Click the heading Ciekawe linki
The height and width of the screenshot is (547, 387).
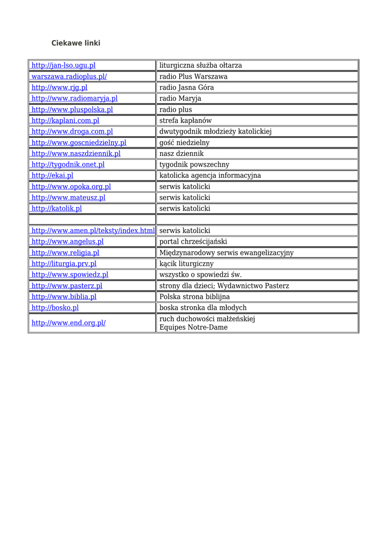click(75, 43)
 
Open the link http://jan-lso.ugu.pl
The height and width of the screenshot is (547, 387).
click(64, 65)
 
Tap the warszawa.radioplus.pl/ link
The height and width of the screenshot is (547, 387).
click(69, 76)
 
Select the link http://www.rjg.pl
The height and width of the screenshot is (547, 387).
click(59, 88)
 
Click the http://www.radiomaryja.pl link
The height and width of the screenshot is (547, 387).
click(74, 98)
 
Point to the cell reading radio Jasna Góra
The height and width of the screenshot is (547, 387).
click(186, 88)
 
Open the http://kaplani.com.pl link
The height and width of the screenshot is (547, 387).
click(65, 121)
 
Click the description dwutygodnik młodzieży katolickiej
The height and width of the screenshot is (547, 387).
click(216, 131)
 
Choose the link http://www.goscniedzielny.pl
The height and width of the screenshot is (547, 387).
click(78, 143)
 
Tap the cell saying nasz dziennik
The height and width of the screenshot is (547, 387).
click(181, 153)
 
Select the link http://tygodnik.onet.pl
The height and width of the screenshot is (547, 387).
click(68, 165)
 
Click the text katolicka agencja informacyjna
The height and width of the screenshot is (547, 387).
click(210, 175)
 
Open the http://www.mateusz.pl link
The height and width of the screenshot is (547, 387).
click(68, 198)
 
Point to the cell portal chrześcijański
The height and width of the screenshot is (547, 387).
click(193, 241)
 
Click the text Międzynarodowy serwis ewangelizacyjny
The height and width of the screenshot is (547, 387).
click(226, 253)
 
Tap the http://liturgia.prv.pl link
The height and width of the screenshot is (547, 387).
click(64, 263)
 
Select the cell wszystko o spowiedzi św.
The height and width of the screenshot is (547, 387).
click(200, 275)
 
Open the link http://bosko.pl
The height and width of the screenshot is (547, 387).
click(55, 308)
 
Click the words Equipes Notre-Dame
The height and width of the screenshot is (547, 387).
click(193, 327)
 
